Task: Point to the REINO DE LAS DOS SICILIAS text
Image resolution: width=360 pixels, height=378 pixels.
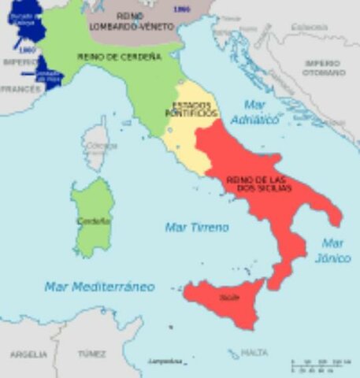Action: [x=259, y=183]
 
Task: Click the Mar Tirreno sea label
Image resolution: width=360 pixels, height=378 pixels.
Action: [x=196, y=227]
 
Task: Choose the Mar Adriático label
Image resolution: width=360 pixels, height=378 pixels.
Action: [x=256, y=113]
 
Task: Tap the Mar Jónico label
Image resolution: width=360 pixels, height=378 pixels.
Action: [x=334, y=250]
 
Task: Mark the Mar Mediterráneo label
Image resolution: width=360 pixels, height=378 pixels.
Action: [x=99, y=287]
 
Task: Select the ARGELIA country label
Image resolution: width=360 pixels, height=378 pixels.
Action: [x=28, y=354]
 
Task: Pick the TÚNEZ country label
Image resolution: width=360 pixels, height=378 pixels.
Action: [x=91, y=354]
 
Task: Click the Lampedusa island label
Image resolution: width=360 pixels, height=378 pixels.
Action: [x=165, y=361]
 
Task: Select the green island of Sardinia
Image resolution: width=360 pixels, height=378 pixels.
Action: [x=93, y=217]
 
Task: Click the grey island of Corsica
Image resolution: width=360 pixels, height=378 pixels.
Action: [x=97, y=146]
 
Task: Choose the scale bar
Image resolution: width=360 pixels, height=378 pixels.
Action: [x=319, y=365]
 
